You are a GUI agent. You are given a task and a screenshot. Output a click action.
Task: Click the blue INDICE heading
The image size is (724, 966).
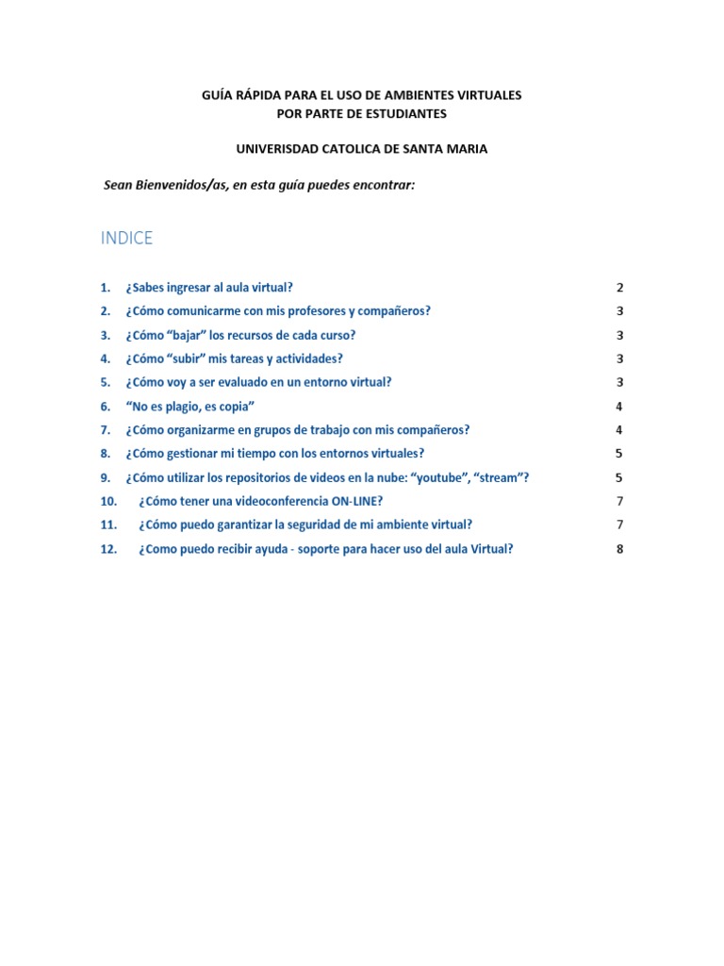[126, 239]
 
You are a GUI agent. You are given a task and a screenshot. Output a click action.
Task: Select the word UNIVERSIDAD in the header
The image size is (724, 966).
[276, 149]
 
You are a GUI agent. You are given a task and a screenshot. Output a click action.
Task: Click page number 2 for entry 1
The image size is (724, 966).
[619, 288]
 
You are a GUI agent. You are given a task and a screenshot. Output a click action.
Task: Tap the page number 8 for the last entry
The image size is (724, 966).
[619, 549]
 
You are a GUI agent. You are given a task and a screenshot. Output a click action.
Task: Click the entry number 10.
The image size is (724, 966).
[108, 501]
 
